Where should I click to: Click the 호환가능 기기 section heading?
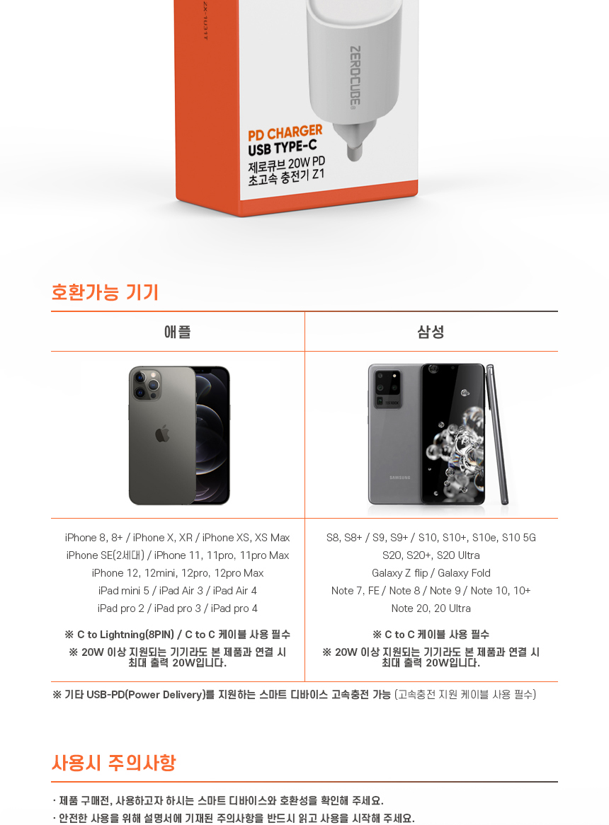[105, 292]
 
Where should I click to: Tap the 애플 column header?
[177, 331]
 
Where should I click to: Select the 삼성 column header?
[431, 331]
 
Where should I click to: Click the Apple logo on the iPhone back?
[163, 434]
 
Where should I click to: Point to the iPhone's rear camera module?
[147, 385]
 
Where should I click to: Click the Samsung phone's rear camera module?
[387, 388]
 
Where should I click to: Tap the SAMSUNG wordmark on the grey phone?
[400, 478]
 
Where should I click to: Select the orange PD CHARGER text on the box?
[285, 133]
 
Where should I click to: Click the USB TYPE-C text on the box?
[283, 146]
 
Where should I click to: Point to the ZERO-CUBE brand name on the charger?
[355, 77]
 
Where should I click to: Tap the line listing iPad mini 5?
[177, 590]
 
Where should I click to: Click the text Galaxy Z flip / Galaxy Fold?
[431, 573]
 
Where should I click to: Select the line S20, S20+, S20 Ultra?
[431, 555]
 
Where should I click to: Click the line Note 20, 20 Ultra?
[431, 608]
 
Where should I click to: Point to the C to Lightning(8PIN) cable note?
[177, 634]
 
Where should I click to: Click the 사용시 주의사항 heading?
[114, 763]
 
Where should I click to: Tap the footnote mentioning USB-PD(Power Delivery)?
[295, 695]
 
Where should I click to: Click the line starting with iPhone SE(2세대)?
[177, 555]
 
